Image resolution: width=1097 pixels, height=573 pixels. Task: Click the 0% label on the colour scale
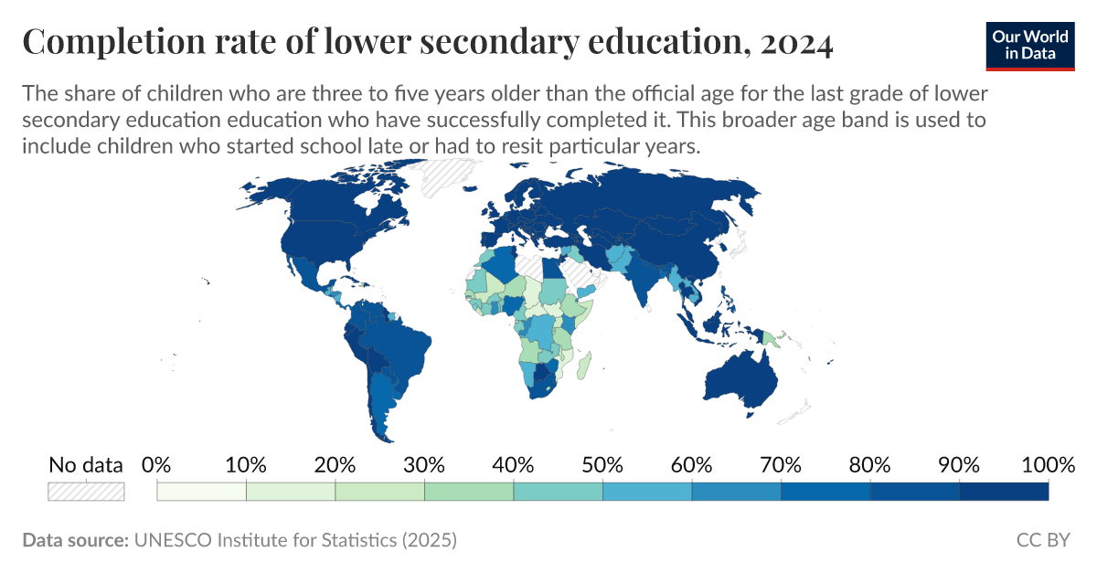157,464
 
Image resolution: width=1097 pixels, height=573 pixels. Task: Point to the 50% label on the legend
602,464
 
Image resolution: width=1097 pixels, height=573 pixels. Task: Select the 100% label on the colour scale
1048,464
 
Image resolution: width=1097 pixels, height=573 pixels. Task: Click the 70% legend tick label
781,464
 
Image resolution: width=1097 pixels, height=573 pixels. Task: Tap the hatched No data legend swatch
86,491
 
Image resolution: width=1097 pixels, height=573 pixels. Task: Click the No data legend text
86,464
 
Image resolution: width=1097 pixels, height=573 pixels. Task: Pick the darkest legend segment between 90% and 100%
1004,491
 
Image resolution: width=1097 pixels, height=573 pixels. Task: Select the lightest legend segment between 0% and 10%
202,491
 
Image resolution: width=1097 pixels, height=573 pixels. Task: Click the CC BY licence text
1043,540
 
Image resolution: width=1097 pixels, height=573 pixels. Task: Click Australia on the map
740,379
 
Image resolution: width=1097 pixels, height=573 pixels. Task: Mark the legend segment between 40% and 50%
558,491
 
